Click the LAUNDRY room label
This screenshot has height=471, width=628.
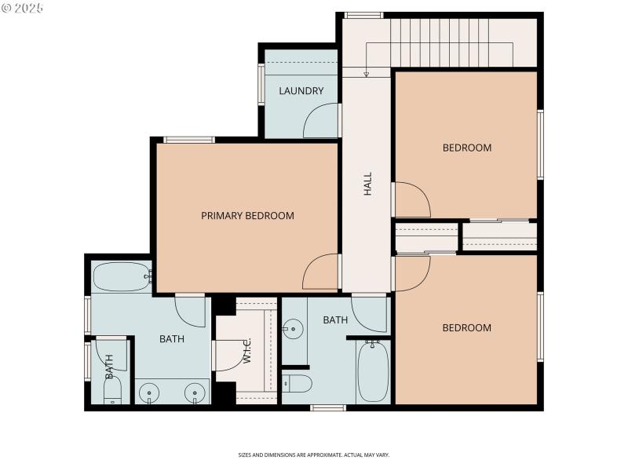click(x=301, y=91)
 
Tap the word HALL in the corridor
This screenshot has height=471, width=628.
click(x=367, y=184)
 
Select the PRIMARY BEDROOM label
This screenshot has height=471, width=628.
click(x=247, y=216)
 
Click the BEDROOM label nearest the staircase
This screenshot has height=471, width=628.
click(x=466, y=148)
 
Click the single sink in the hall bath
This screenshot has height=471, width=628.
click(x=293, y=328)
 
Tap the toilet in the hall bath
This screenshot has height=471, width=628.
click(x=297, y=383)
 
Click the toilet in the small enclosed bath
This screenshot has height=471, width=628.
click(x=112, y=391)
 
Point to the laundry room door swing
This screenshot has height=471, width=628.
click(x=320, y=122)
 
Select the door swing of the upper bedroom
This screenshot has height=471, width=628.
click(x=411, y=199)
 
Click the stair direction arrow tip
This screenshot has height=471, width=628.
click(x=366, y=75)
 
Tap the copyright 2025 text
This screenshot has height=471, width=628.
click(x=23, y=8)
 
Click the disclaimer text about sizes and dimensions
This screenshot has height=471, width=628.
click(x=314, y=455)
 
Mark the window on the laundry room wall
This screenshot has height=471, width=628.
click(x=261, y=84)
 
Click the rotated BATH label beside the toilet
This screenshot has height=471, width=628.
click(x=109, y=362)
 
